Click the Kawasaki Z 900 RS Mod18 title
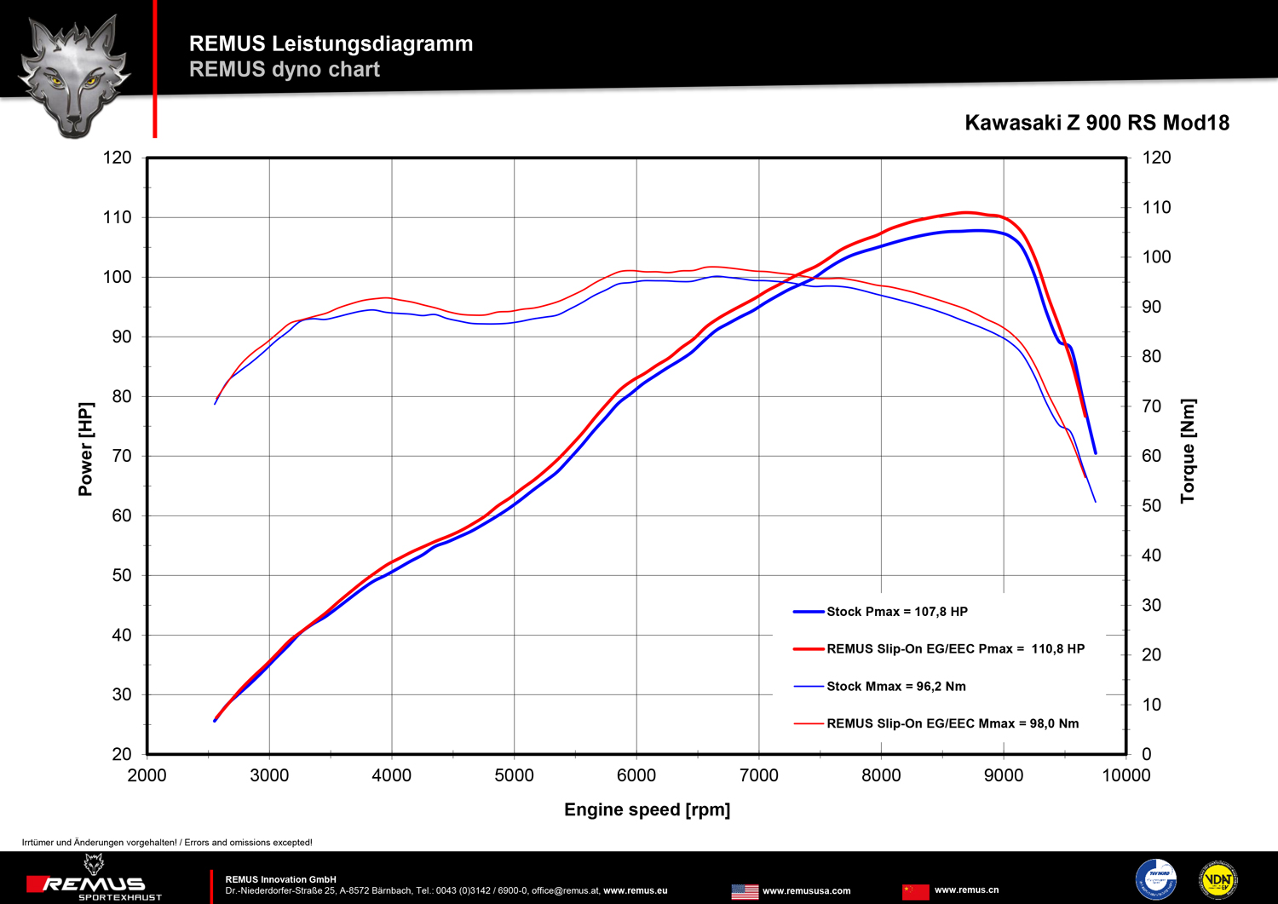click(1097, 123)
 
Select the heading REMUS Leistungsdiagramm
click(331, 43)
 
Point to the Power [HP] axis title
click(85, 449)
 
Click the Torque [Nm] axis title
click(1188, 451)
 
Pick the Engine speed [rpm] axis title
click(647, 809)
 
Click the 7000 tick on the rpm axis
click(758, 775)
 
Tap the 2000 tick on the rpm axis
click(147, 775)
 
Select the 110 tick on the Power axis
click(118, 217)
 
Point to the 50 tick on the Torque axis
click(1151, 506)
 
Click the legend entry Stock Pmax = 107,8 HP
click(896, 612)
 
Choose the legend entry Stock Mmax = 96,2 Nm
click(895, 686)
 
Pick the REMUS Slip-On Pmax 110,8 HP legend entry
click(955, 649)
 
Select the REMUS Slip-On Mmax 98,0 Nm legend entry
click(952, 723)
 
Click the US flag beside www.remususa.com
click(745, 891)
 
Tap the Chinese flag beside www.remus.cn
click(916, 891)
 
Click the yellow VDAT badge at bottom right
click(1218, 879)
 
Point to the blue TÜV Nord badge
click(1156, 879)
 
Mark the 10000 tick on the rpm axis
click(1125, 775)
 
